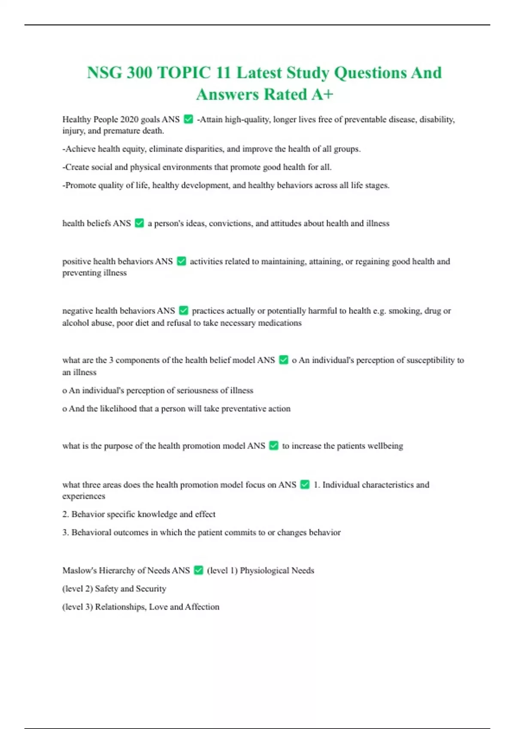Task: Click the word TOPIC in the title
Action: coord(185,73)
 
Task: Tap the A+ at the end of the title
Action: coord(322,94)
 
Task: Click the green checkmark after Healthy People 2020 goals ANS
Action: coord(188,119)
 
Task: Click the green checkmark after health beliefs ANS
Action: coord(139,223)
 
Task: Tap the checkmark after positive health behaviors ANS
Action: coord(182,261)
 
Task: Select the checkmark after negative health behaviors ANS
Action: coord(184,310)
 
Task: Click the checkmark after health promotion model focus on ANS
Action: coord(305,485)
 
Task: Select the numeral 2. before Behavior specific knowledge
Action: coord(66,514)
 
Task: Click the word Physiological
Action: coord(264,570)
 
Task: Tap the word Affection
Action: coord(202,607)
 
